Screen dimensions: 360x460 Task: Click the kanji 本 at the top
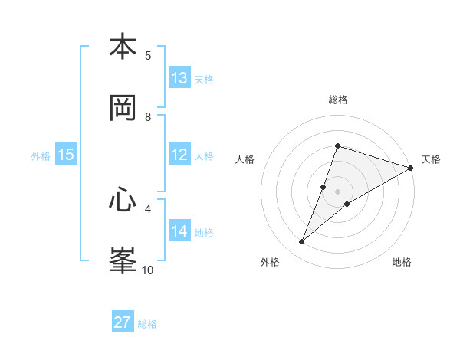[123, 47]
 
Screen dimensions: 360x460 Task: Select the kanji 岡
[123, 108]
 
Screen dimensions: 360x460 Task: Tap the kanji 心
[123, 201]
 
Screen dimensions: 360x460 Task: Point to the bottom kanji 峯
[123, 260]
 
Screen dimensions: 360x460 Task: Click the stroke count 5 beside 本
[148, 55]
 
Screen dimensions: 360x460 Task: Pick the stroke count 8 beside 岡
[148, 116]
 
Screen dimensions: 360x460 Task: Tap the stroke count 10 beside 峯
[148, 270]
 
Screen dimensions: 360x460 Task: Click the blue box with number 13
[179, 78]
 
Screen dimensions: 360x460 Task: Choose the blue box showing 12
[179, 155]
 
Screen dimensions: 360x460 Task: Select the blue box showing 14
[179, 231]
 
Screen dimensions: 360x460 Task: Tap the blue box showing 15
[66, 155]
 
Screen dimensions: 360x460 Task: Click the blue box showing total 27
[123, 322]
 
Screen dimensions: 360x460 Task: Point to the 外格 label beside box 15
[41, 156]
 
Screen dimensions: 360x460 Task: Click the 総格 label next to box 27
[147, 324]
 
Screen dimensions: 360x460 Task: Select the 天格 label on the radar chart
[431, 159]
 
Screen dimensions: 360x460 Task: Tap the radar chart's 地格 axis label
[402, 262]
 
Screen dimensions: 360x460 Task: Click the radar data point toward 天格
[410, 168]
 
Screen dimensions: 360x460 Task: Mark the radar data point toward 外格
[302, 242]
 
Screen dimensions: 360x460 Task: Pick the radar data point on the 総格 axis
[337, 146]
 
